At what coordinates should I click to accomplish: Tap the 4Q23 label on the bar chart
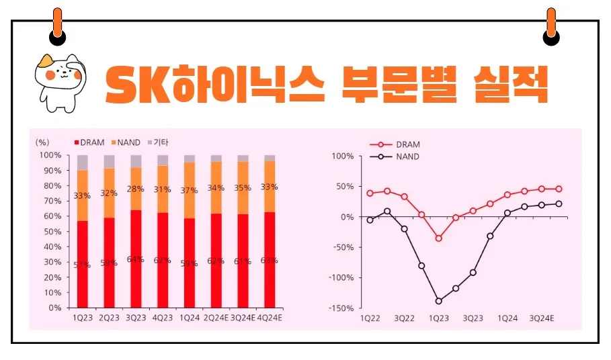click(x=162, y=317)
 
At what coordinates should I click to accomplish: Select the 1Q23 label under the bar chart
click(x=83, y=317)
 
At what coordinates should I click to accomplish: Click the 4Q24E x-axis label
click(x=269, y=317)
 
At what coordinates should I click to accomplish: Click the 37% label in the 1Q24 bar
click(x=189, y=191)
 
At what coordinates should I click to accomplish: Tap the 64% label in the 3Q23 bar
click(x=135, y=259)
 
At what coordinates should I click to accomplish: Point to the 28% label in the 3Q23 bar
click(x=136, y=189)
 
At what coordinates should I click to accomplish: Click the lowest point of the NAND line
click(x=439, y=301)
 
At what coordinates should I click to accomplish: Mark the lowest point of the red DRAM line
click(x=439, y=238)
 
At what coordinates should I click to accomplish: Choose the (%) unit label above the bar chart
click(x=43, y=142)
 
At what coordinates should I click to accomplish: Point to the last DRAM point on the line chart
click(x=559, y=189)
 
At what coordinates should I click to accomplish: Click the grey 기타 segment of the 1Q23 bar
click(x=83, y=162)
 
